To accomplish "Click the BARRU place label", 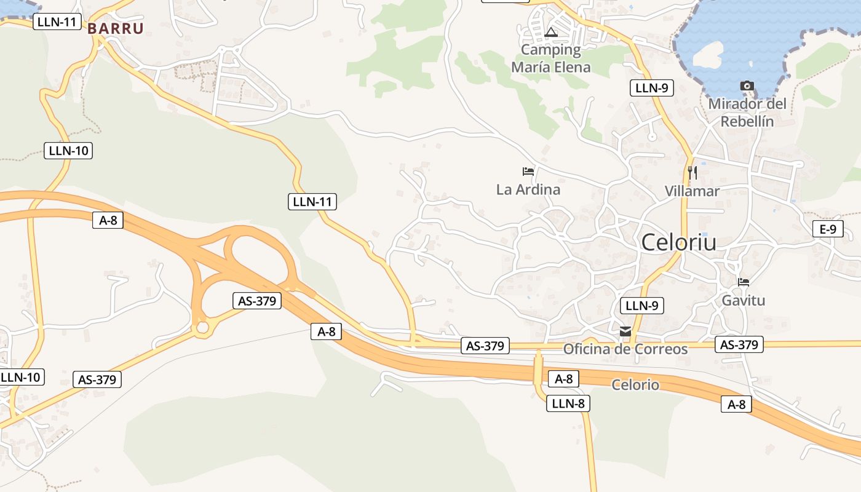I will click(x=116, y=28).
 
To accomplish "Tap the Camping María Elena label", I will click(x=551, y=58).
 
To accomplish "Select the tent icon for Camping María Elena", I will click(x=552, y=32).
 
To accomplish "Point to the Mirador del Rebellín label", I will click(x=747, y=112).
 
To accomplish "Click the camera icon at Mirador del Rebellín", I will click(x=747, y=85).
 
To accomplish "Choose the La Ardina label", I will click(x=528, y=189).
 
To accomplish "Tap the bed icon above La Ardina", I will click(x=528, y=171).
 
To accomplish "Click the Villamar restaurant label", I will click(x=692, y=191).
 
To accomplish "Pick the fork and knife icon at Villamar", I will click(x=692, y=172).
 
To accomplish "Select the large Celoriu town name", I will click(x=679, y=242).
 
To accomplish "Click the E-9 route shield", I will click(x=828, y=229).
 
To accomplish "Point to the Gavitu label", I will click(x=744, y=301).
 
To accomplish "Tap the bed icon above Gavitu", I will click(x=744, y=282).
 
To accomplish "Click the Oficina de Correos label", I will click(x=625, y=349).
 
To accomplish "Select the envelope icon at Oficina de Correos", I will click(x=625, y=331).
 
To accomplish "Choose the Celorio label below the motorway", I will click(x=635, y=385).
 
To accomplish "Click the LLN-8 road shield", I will click(x=568, y=403).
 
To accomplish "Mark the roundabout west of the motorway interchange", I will click(x=202, y=328).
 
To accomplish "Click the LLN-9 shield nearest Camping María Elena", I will click(x=652, y=88).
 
